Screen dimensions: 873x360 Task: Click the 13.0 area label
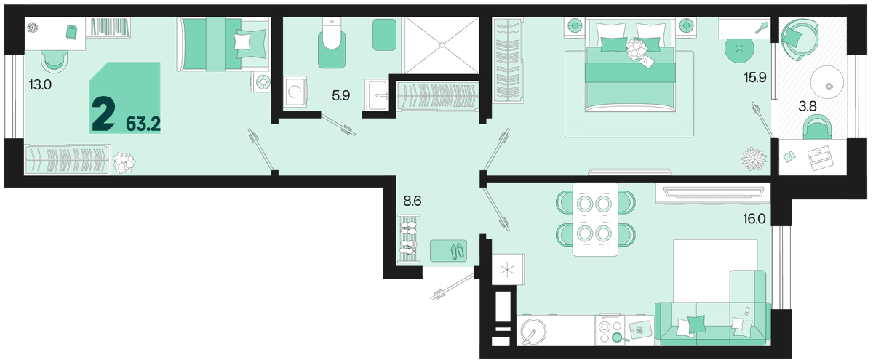(40, 84)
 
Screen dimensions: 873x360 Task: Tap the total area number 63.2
(143, 124)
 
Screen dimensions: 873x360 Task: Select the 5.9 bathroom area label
(341, 95)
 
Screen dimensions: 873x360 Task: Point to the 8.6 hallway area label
(412, 201)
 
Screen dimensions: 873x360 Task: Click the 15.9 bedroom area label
(755, 78)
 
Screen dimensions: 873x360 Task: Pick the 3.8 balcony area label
(808, 106)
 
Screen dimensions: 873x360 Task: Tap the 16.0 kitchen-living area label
(754, 219)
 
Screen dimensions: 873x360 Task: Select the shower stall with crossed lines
(442, 45)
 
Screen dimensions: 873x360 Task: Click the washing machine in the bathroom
(295, 92)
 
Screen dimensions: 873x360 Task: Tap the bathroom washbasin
(377, 95)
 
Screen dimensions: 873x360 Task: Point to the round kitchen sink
(533, 332)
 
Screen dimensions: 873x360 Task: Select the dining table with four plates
(595, 219)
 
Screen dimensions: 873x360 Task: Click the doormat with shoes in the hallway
(448, 251)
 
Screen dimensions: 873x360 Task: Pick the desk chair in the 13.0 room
(53, 63)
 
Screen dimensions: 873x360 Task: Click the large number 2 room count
(103, 113)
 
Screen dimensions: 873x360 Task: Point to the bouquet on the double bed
(636, 50)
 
